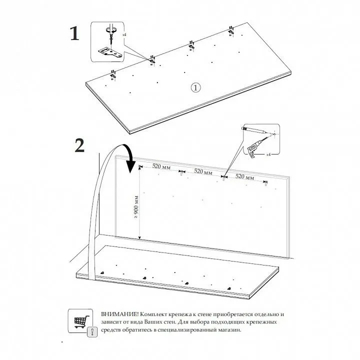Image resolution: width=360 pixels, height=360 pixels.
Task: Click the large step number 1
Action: (74, 33)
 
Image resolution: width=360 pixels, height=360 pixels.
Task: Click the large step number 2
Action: (79, 145)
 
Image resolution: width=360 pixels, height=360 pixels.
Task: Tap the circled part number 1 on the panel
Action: (195, 87)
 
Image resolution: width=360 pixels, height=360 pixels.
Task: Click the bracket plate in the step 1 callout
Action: (110, 53)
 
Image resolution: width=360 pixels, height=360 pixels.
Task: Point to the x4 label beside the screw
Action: (124, 34)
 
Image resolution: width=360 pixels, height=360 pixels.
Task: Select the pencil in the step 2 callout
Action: (254, 130)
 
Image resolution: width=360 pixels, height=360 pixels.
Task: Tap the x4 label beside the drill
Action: (268, 154)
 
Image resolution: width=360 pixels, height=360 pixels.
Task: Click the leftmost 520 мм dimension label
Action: (161, 166)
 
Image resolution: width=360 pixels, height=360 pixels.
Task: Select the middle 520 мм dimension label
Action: (203, 171)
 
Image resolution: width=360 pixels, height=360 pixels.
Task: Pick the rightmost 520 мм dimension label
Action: (244, 177)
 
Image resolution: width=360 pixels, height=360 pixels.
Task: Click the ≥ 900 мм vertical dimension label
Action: (136, 207)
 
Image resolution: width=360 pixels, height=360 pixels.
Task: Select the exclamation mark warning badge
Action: (92, 332)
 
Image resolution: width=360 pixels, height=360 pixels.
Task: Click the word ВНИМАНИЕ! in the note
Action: (120, 314)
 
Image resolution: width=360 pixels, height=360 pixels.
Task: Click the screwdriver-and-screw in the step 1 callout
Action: (111, 33)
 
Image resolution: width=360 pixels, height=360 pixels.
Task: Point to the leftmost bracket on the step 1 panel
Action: (113, 75)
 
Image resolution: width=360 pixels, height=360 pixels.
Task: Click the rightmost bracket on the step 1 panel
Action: (231, 31)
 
